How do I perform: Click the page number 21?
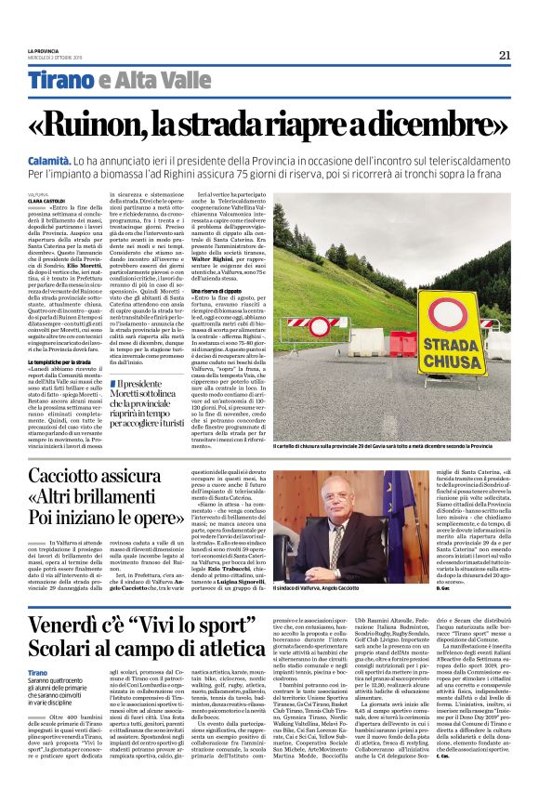(x=505, y=55)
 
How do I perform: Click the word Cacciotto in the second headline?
(x=99, y=479)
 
